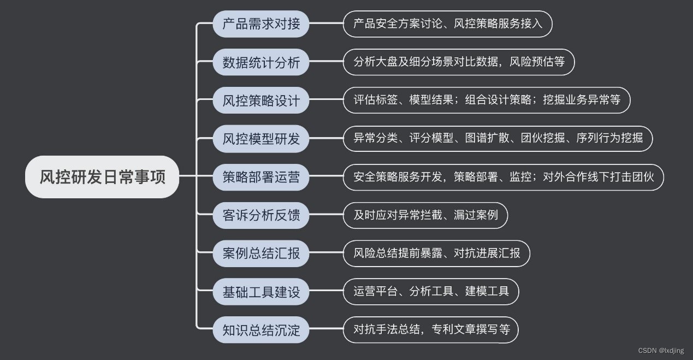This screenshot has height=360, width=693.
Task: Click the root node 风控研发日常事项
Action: point(102,177)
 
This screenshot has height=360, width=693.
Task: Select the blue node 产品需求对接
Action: point(261,24)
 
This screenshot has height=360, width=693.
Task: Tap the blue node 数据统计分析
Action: point(261,62)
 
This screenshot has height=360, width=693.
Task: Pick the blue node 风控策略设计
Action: point(261,101)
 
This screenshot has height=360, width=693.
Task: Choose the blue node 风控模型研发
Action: point(261,139)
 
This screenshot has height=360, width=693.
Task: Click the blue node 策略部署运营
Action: point(261,177)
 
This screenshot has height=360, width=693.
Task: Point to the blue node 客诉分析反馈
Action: point(261,215)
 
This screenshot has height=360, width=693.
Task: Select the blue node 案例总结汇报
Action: point(261,253)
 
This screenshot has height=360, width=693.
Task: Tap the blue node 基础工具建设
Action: point(261,292)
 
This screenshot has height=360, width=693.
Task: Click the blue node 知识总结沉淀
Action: point(261,330)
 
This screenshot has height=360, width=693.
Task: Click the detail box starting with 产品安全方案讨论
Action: point(448,24)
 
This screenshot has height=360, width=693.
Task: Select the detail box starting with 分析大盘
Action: point(459,62)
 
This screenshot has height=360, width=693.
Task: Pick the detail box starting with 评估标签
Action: point(487,101)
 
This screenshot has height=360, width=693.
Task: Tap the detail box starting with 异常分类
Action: point(498,139)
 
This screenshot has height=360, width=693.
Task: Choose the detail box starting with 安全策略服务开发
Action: point(504,177)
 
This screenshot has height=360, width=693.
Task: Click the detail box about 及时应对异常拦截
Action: point(425,215)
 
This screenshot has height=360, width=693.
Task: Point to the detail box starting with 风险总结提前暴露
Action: point(436,253)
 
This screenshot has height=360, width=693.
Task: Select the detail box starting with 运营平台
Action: point(431,292)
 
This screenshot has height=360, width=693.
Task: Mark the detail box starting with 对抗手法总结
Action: point(431,330)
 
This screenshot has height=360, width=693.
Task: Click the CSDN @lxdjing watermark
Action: point(661,351)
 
